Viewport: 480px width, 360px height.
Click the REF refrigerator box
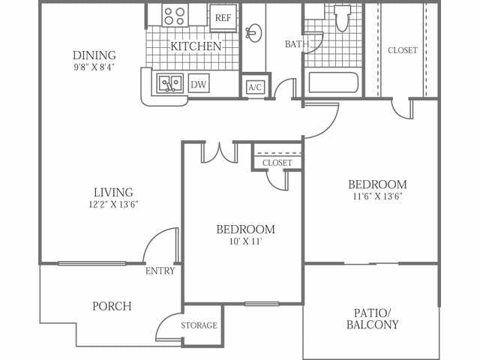[x=223, y=18]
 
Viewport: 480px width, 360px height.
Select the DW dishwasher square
[x=199, y=83]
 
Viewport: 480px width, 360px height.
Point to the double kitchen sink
[x=170, y=83]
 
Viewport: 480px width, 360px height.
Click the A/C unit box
[x=255, y=87]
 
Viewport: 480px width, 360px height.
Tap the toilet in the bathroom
[x=342, y=18]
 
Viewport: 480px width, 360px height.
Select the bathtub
[x=333, y=82]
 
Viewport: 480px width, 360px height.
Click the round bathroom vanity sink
[x=253, y=33]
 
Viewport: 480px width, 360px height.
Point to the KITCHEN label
[x=196, y=46]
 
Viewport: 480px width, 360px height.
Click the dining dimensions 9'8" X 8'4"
[x=94, y=67]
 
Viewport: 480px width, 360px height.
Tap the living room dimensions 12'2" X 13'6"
[x=113, y=204]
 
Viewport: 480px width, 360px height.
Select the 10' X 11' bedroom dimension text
[x=246, y=241]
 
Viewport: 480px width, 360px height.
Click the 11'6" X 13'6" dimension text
[x=377, y=196]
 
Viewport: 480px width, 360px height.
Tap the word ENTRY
[x=160, y=271]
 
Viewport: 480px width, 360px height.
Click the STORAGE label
[x=199, y=325]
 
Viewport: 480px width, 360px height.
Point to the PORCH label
[x=112, y=306]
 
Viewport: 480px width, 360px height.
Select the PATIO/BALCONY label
[x=373, y=319]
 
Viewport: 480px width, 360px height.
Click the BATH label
[x=297, y=44]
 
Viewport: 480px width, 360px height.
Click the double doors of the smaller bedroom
[x=219, y=153]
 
